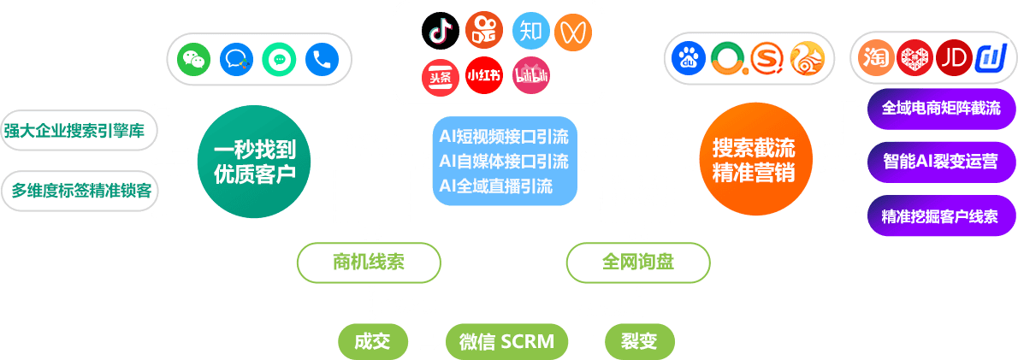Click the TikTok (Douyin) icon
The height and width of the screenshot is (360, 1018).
tap(441, 32)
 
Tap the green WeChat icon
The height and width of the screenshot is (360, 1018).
tap(194, 59)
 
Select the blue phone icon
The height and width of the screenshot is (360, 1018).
tap(322, 59)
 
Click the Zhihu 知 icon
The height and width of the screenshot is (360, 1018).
tap(530, 32)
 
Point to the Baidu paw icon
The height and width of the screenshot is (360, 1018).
tap(686, 58)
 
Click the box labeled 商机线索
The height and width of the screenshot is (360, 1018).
tap(369, 263)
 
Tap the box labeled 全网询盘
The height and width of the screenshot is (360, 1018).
tap(637, 263)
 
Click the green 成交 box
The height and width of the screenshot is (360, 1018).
tap(371, 342)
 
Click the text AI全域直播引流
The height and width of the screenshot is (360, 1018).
tap(496, 186)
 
